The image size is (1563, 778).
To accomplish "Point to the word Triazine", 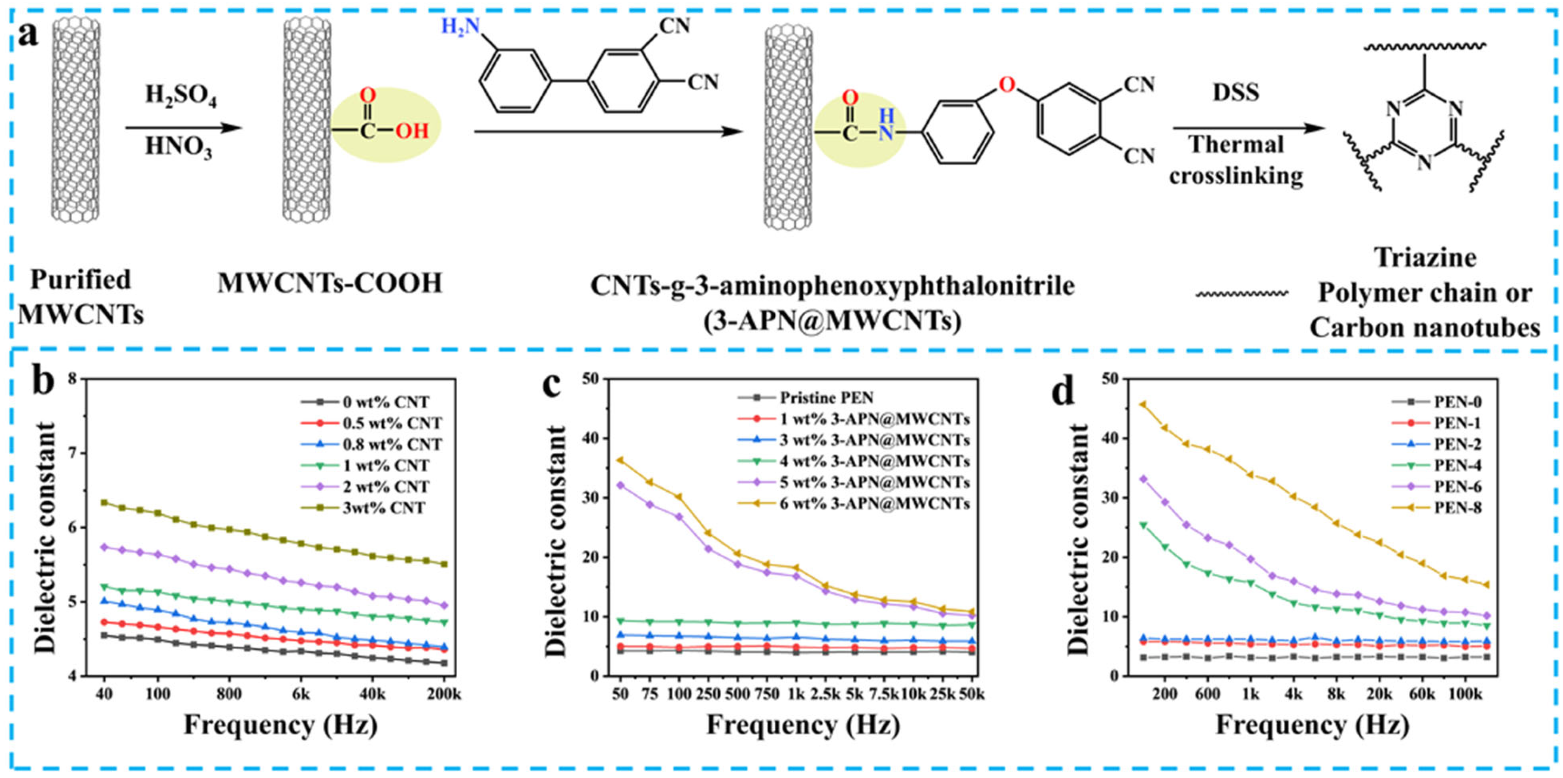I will pyautogui.click(x=1425, y=258).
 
